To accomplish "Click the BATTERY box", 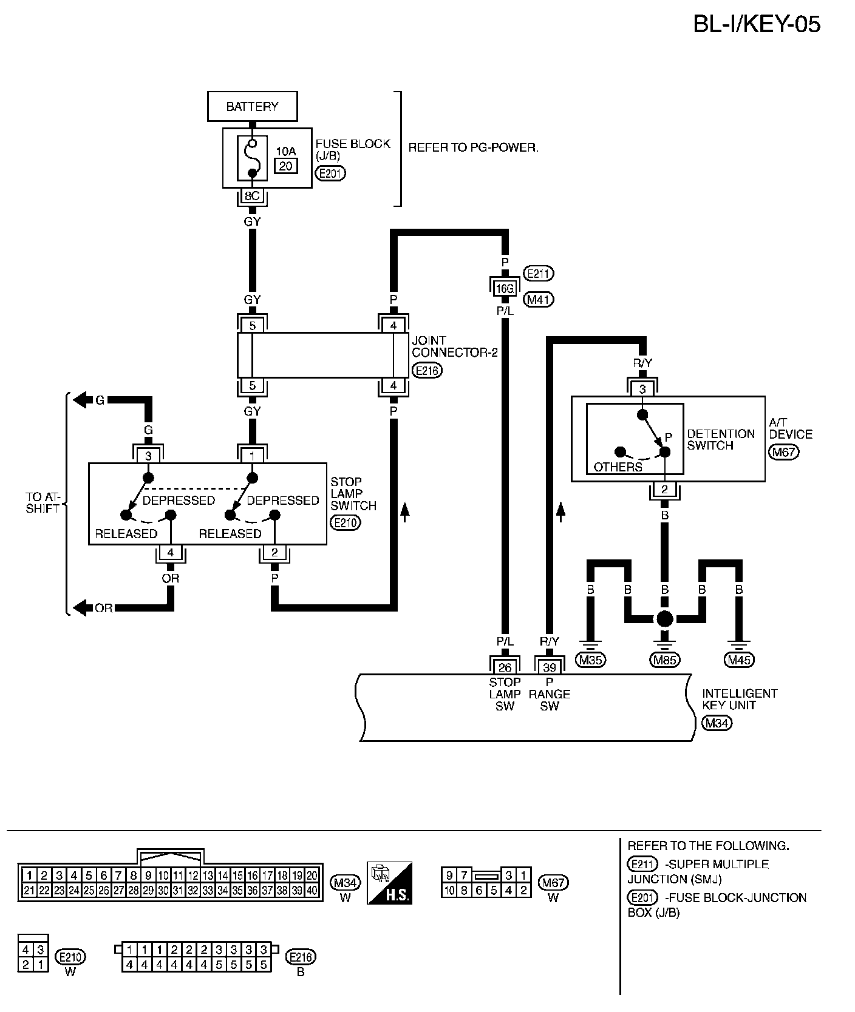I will (x=252, y=107).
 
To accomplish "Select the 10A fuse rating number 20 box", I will (x=285, y=165).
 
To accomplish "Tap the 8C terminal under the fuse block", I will (x=252, y=197).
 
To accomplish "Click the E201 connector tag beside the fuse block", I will (x=331, y=174).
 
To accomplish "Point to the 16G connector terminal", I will (x=505, y=289).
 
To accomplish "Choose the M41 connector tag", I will (x=539, y=299).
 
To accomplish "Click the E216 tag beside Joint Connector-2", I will (x=427, y=370).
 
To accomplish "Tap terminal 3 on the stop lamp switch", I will (x=148, y=455).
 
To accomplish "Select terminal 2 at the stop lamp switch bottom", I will (x=274, y=552).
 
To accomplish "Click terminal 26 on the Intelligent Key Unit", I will (x=505, y=667).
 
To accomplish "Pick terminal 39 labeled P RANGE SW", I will (x=549, y=667).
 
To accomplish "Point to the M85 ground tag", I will (x=665, y=659).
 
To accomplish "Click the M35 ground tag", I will (x=590, y=659).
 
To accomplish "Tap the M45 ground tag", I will (x=740, y=659).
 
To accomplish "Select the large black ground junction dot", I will (x=665, y=619).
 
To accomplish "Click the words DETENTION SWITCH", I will (x=721, y=439).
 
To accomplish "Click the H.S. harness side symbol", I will (x=389, y=883).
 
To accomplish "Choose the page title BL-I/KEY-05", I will (x=757, y=24).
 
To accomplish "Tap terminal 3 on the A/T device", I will (x=642, y=389).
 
